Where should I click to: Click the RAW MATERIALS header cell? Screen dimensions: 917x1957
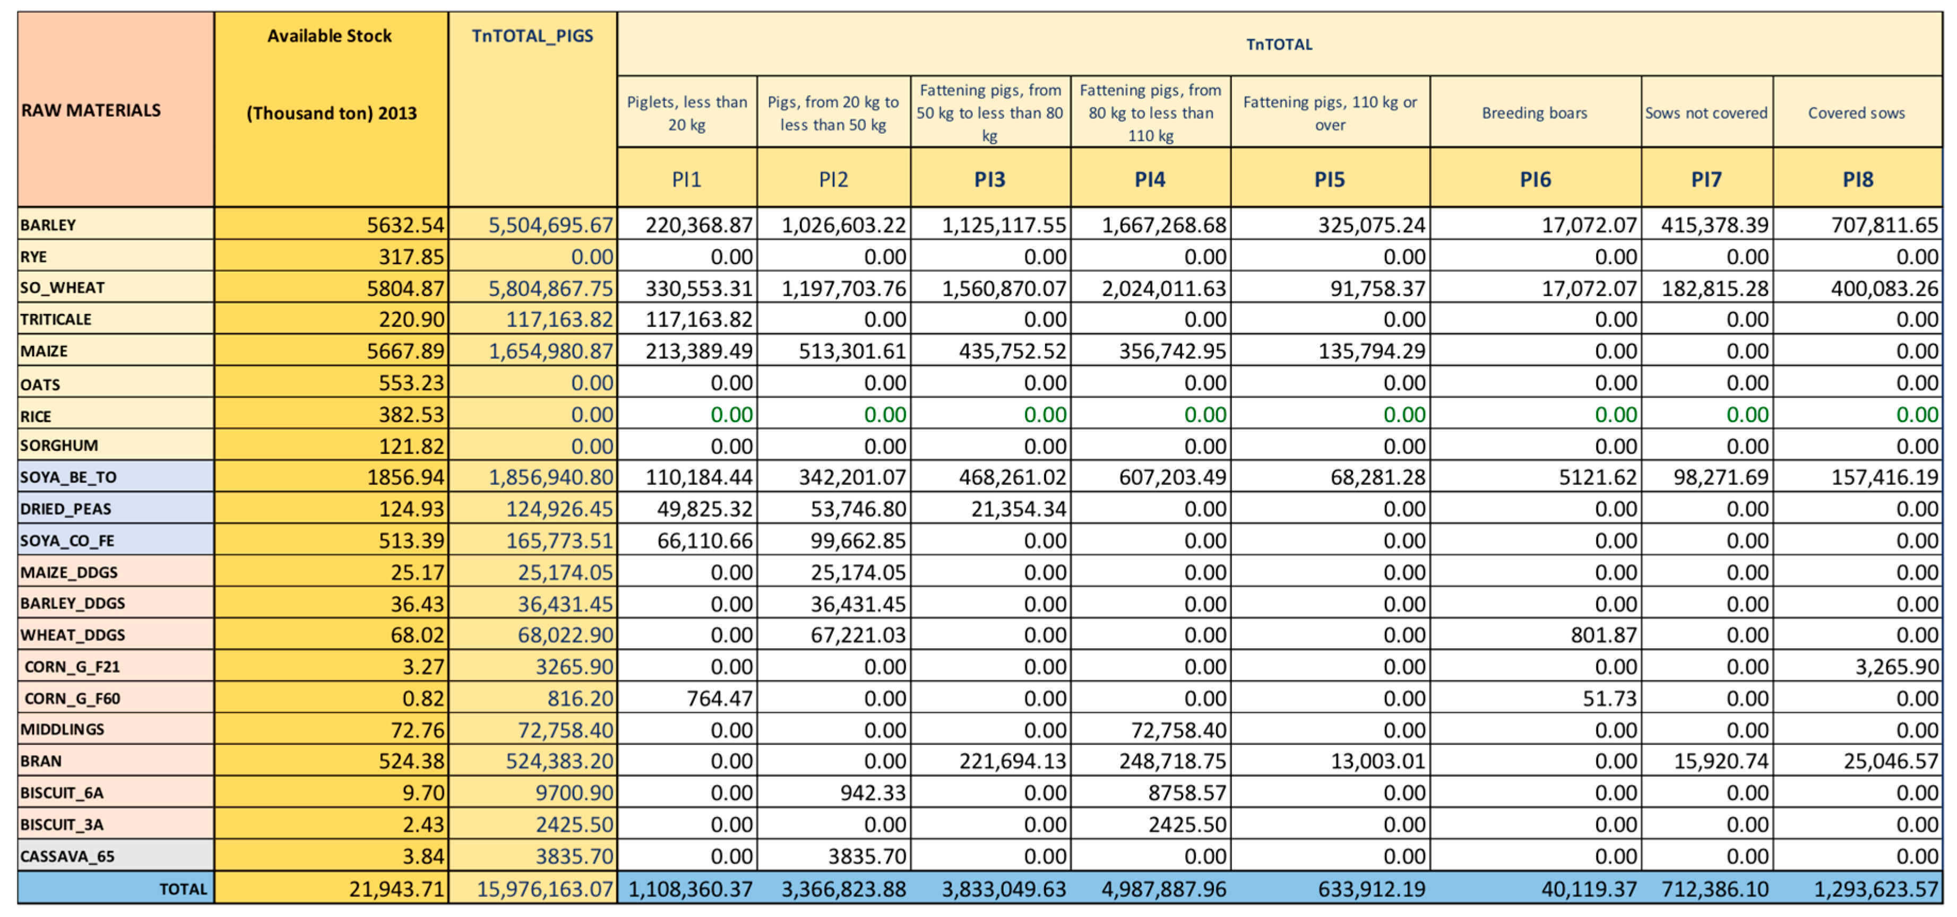pos(91,111)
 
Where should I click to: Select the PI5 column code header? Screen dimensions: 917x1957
pos(1330,180)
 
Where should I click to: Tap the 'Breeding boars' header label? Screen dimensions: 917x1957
pos(1534,113)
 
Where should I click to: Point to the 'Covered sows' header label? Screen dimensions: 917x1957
pos(1856,113)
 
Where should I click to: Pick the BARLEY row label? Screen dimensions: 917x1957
pos(49,225)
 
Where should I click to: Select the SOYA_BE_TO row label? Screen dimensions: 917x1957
pos(68,477)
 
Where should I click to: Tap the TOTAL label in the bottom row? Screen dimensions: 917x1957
pos(183,889)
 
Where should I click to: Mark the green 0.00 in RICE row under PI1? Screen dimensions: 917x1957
pos(731,414)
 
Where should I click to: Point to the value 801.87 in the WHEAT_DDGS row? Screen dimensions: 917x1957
pos(1603,635)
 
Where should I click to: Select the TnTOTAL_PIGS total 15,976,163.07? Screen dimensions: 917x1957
pos(544,889)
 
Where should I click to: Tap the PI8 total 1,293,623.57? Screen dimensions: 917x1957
pos(1876,889)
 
